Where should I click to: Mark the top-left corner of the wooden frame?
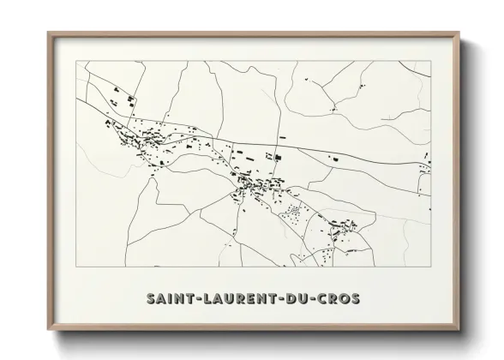pos(48,32)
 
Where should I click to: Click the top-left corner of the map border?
pos(77,62)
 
